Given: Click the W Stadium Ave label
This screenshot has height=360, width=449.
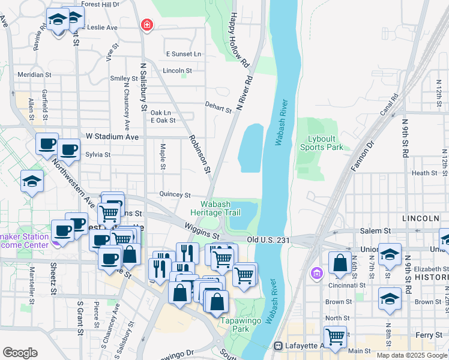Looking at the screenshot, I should [x=112, y=137].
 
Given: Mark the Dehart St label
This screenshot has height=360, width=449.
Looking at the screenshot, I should [x=218, y=108].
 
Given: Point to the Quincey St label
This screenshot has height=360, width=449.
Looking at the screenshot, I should [x=175, y=194].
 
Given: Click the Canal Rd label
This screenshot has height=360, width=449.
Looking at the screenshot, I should [x=390, y=104].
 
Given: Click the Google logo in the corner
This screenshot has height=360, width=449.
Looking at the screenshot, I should [x=19, y=353].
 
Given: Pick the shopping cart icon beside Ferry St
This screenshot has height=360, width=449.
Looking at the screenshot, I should [x=334, y=337].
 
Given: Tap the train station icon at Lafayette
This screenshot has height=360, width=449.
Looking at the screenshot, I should [x=279, y=346].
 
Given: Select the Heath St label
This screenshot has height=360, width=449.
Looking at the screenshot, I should [x=424, y=173].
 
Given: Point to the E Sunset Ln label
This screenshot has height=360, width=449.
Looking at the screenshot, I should [x=184, y=54].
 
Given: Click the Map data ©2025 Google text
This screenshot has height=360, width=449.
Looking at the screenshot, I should [x=411, y=355].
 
